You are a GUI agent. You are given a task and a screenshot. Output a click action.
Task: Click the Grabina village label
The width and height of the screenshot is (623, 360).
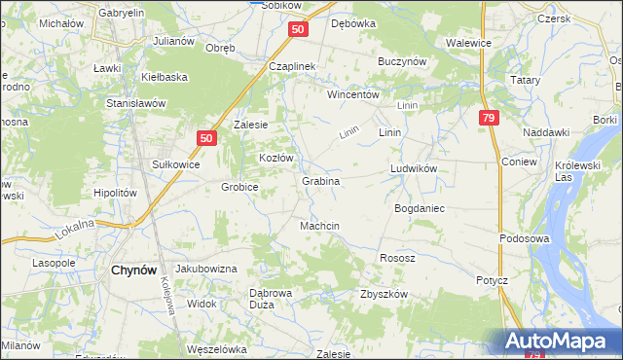pos(320,181)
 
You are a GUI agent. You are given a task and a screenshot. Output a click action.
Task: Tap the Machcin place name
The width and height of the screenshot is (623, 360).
pos(319,226)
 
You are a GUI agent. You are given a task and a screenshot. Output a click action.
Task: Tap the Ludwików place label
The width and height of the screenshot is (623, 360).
pos(416,167)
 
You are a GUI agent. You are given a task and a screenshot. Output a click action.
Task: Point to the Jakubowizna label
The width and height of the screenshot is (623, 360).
pos(206,268)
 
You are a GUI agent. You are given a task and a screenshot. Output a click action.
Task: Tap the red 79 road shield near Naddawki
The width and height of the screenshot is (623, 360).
pos(489,118)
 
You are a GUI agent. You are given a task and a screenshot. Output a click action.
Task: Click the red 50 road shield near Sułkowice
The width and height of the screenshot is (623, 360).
pos(205,139)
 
